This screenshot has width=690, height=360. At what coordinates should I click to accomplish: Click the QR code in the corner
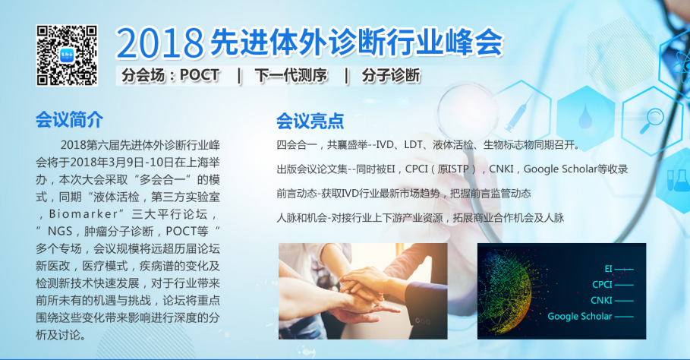coord(67,55)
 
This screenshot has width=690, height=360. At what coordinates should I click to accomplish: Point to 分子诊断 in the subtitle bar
coord(391,76)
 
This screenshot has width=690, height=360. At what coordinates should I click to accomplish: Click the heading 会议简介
coord(69,119)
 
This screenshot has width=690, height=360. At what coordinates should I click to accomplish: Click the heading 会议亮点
coord(310,120)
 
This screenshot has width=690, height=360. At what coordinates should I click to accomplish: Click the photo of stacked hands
coord(363,291)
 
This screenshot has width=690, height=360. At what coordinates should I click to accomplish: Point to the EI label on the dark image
coord(608,269)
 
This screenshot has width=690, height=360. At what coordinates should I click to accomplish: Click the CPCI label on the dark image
coord(602,285)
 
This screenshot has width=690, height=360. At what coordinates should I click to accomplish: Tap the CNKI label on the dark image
coord(602,300)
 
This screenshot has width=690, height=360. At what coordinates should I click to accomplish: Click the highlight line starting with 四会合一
coord(429,144)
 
